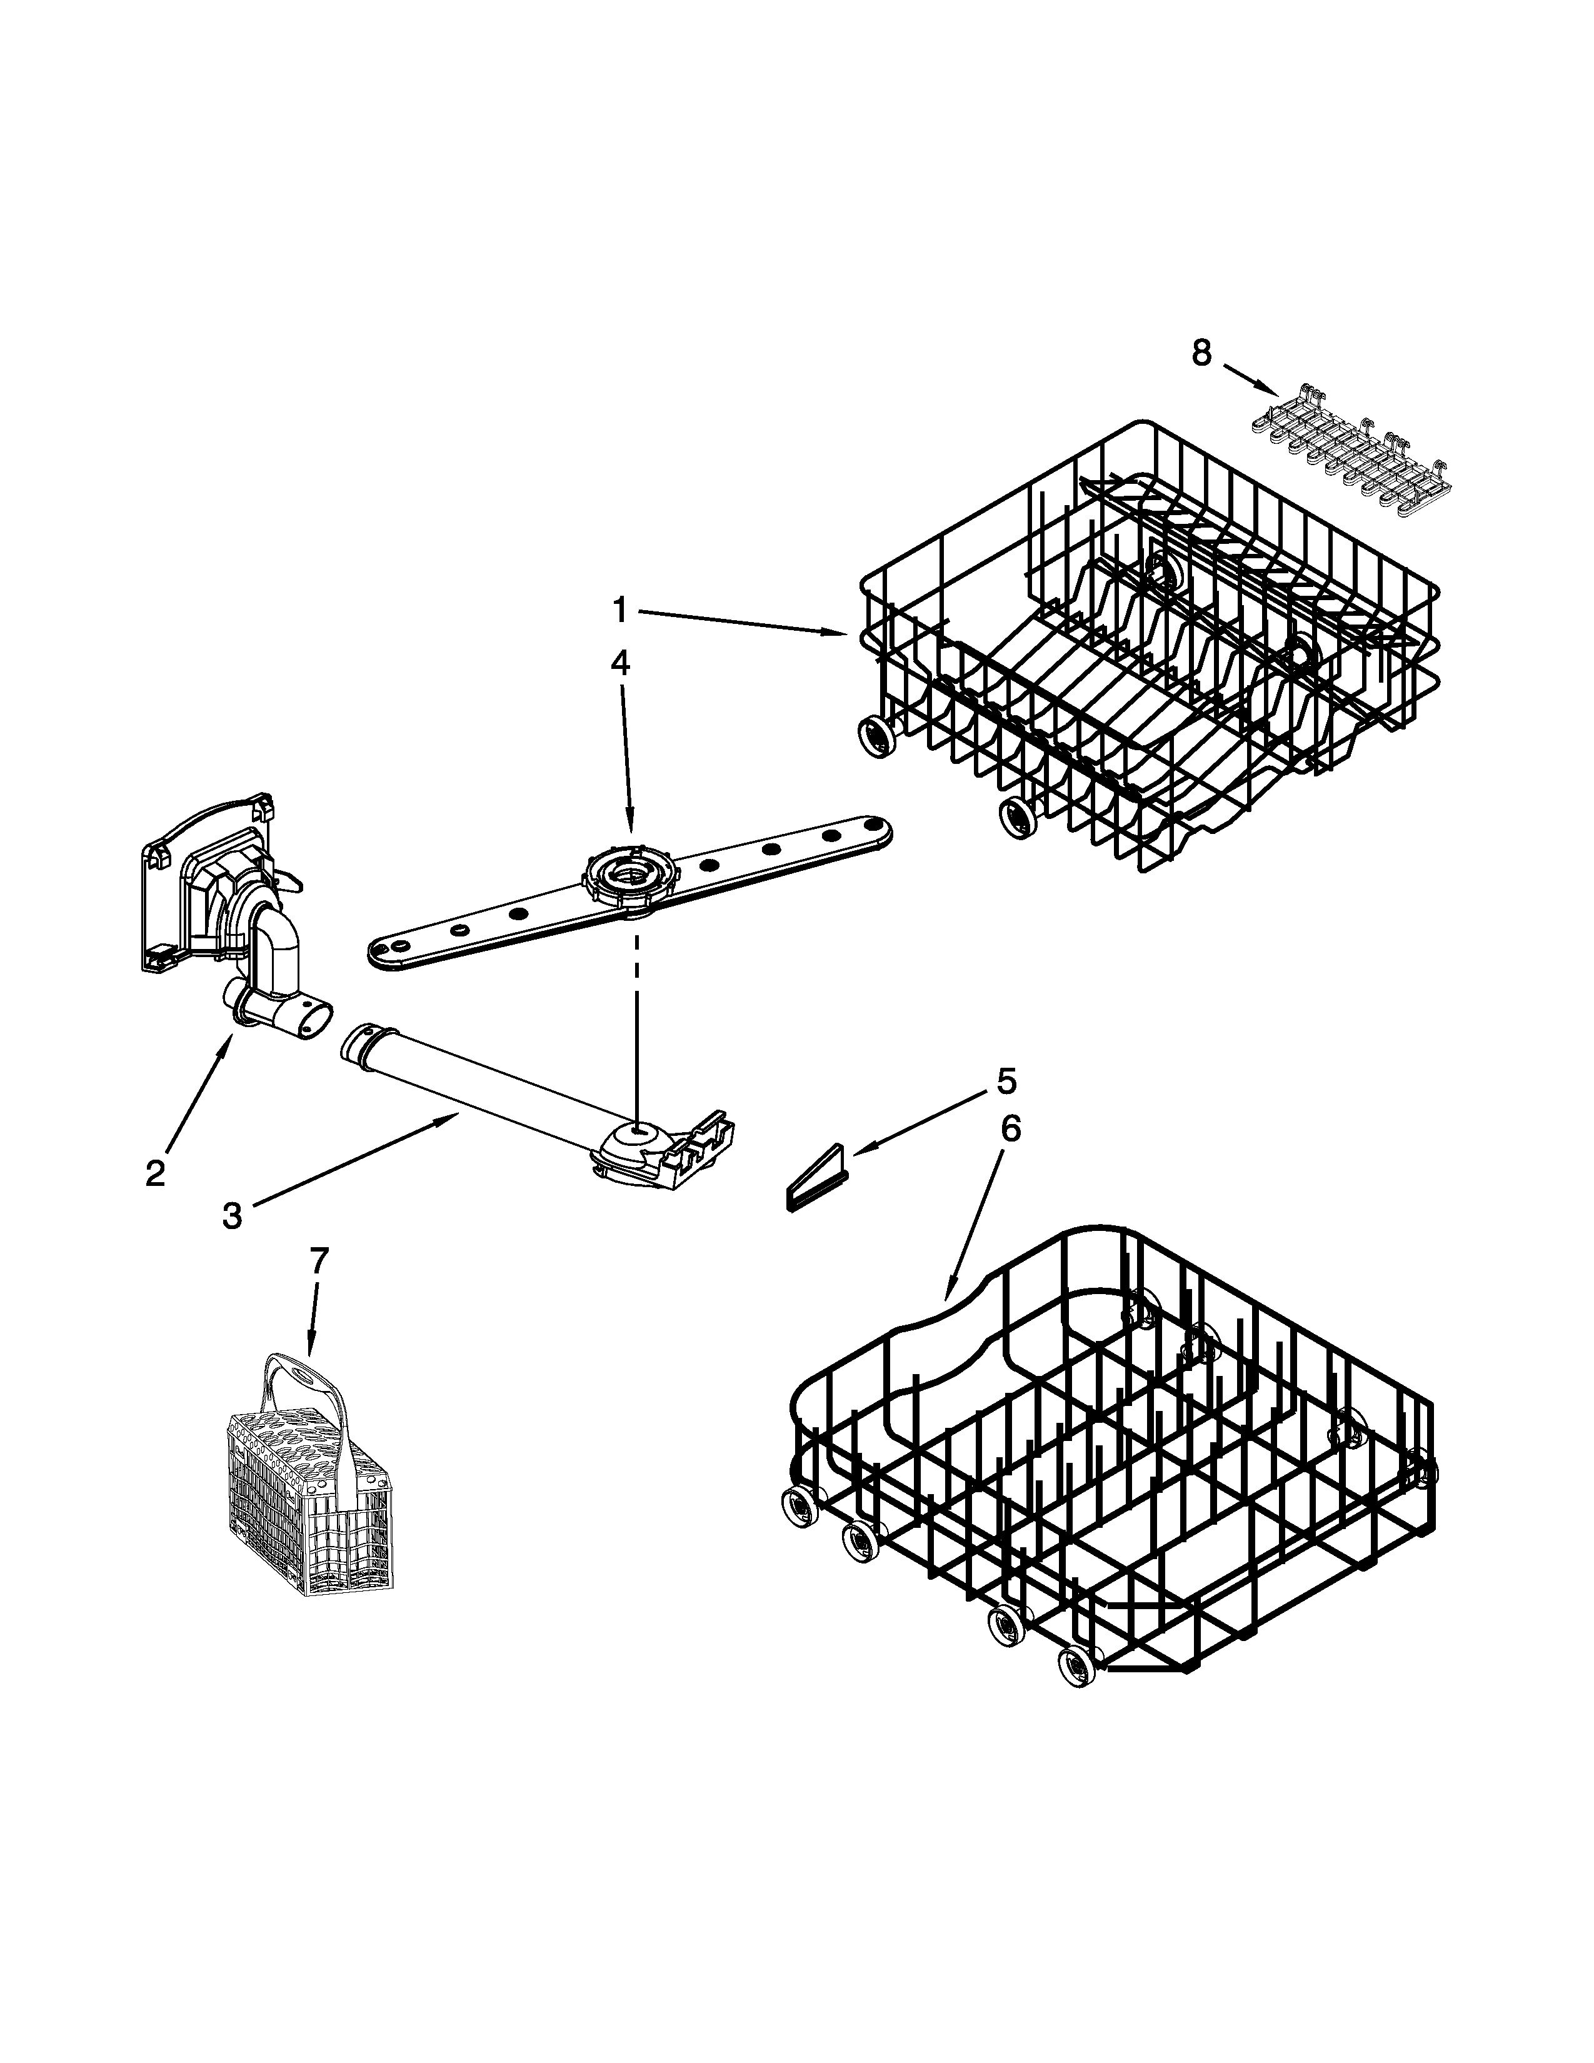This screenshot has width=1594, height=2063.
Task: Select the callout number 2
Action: [156, 1172]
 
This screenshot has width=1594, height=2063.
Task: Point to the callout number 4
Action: [618, 662]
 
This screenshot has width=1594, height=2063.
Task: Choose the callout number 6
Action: [1010, 1130]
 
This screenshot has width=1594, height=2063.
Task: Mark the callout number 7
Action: [319, 1260]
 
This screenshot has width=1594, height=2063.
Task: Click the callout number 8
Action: [1200, 353]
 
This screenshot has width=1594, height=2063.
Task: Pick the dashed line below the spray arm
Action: [636, 1020]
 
